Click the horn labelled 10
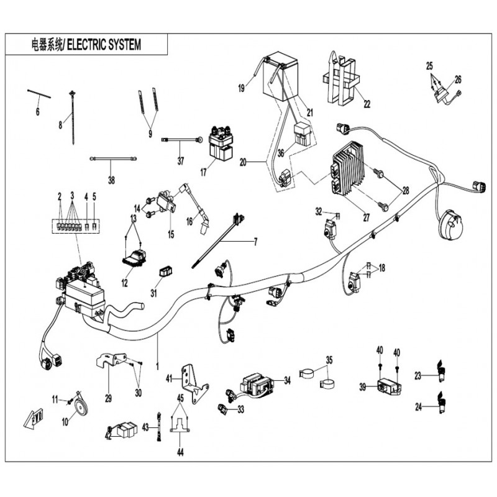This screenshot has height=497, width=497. (x=77, y=407)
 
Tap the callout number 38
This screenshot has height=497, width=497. (x=111, y=181)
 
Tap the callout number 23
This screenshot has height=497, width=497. (x=419, y=375)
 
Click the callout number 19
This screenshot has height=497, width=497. (x=242, y=89)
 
